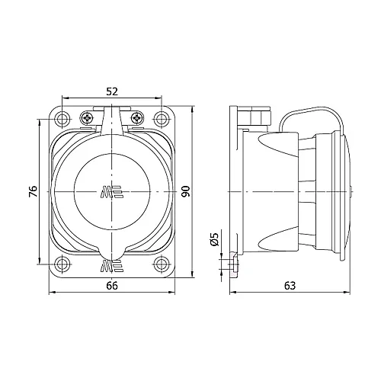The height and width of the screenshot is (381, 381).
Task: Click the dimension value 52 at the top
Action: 111,91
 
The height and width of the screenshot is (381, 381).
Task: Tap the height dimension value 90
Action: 185,191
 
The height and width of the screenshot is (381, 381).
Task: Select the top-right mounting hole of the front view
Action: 161,118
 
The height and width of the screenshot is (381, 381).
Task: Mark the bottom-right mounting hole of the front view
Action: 161,264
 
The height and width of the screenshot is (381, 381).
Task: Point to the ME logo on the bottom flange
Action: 111,267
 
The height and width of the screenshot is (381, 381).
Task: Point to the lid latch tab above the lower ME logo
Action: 111,251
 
